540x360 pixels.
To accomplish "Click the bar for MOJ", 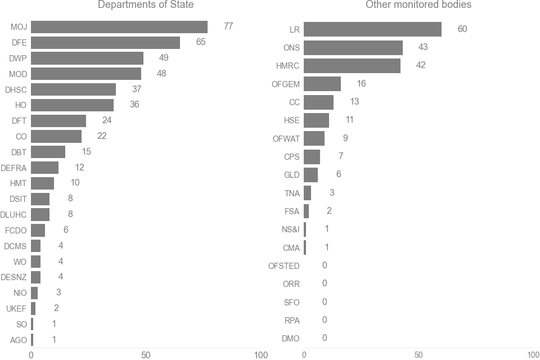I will [x=119, y=27].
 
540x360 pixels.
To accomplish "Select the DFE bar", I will [x=105, y=43].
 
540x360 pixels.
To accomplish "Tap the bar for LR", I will [x=372, y=29].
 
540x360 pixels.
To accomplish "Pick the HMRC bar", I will [x=352, y=66].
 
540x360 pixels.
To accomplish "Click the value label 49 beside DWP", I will [x=163, y=58].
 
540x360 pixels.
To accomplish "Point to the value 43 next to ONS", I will [x=422, y=47].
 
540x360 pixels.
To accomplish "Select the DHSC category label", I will [x=16, y=89].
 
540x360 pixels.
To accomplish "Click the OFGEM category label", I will [x=286, y=84].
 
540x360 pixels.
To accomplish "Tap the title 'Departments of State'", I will [x=146, y=5].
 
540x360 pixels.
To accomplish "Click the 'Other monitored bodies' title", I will [x=418, y=5].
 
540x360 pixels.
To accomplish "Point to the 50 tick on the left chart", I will [x=146, y=355].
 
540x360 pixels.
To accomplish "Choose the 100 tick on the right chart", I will [x=533, y=355].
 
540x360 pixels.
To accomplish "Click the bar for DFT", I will [x=58, y=120].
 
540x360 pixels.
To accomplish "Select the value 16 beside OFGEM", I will [x=361, y=84].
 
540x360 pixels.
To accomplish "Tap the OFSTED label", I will [x=284, y=266].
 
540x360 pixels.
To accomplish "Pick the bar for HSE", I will [x=316, y=120].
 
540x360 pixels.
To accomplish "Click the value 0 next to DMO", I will [x=325, y=338].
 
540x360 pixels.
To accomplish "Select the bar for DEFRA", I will [x=44, y=168].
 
